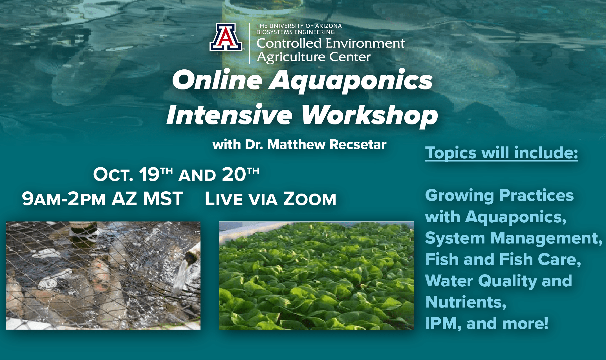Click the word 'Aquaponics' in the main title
[351, 81]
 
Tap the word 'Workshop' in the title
[370, 115]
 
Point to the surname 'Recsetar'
[358, 144]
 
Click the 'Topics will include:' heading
[501, 153]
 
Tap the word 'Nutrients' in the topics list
[464, 302]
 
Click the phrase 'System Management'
[511, 238]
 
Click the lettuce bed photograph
[316, 276]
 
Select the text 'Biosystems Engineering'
[295, 32]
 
